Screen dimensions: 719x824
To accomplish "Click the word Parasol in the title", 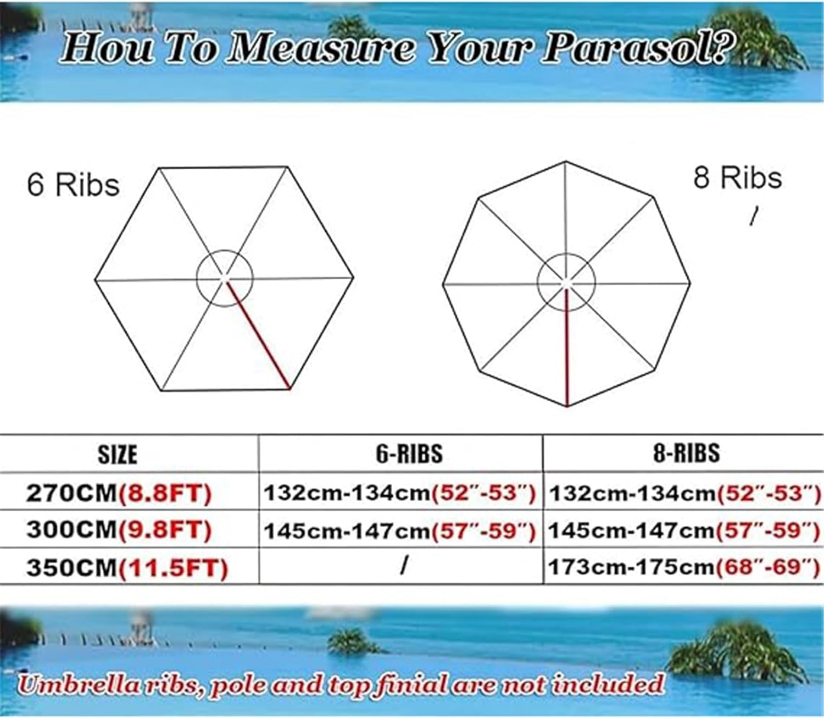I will tap(637, 48).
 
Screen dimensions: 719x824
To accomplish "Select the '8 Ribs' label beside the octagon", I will tap(737, 178).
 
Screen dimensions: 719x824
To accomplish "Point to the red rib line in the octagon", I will tap(566, 346).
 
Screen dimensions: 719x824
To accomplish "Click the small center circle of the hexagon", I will tap(224, 278).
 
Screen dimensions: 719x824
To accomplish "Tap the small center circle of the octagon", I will tap(566, 283).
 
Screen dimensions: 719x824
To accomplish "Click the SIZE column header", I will tap(117, 455).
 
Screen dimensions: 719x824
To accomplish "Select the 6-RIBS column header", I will tap(409, 453).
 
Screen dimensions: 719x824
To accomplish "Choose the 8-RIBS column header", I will tap(686, 453).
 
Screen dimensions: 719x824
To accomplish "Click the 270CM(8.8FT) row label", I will tap(119, 493).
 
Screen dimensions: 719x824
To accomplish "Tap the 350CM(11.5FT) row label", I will tap(127, 567).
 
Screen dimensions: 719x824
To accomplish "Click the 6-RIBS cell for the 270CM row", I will tap(400, 493).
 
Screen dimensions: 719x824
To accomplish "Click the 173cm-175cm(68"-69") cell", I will tap(684, 566).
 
